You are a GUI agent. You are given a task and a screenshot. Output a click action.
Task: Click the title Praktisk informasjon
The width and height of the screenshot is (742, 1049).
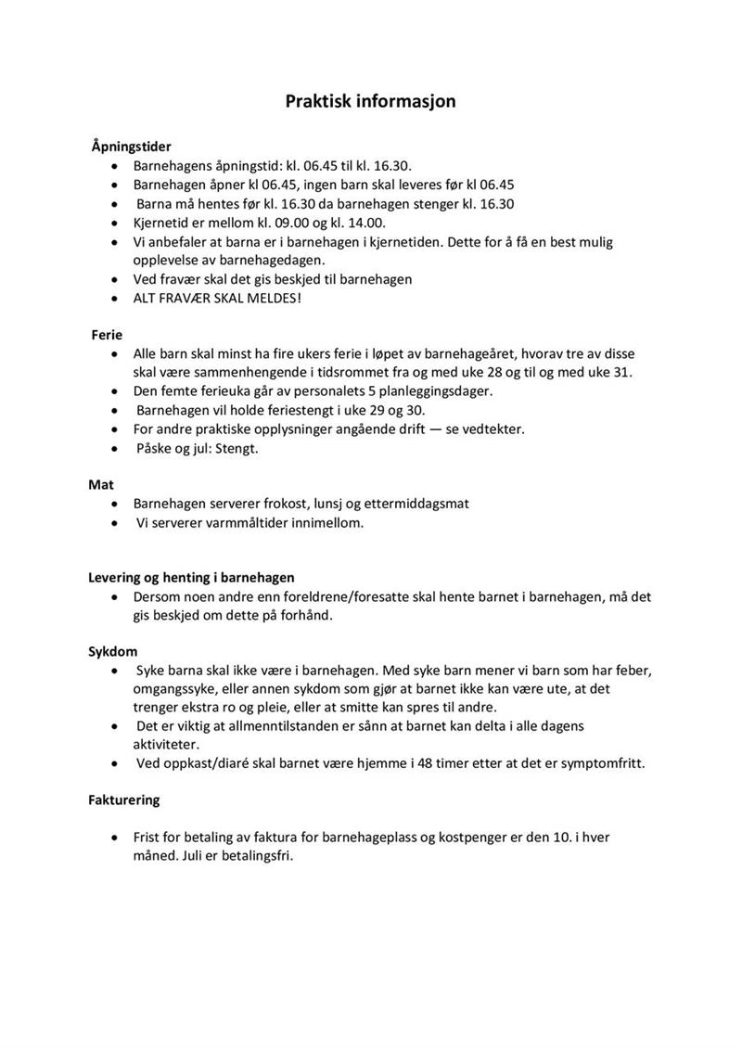370,101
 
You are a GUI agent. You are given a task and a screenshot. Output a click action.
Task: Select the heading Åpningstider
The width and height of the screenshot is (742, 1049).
131,147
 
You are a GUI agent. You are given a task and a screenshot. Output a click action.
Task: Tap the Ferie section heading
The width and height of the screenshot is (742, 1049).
107,334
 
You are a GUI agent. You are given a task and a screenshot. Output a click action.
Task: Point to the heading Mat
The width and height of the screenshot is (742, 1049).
101,484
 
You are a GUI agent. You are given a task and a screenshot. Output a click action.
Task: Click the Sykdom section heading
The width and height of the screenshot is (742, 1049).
113,651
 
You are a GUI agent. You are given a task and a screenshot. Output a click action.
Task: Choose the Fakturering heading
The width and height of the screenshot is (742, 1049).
124,799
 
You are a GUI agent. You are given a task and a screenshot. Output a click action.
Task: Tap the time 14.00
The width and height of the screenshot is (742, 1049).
364,223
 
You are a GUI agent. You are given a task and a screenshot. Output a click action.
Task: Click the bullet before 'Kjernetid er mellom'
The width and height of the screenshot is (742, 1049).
113,224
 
